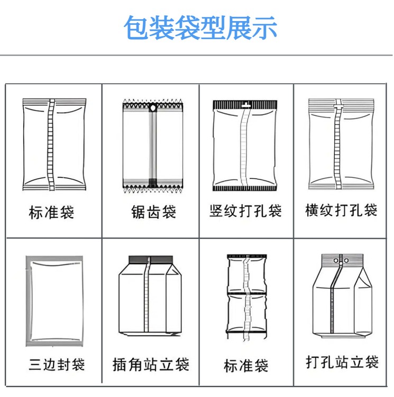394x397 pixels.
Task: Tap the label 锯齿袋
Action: point(153,213)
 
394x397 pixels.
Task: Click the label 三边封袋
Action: point(57,365)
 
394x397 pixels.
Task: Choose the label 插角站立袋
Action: point(151,365)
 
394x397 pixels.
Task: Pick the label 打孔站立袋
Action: point(342,363)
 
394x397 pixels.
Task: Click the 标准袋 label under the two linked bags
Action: point(246,365)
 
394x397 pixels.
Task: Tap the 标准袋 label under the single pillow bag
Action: point(51,213)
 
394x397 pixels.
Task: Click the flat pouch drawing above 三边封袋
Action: point(54,300)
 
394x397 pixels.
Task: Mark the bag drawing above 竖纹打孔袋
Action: point(244,146)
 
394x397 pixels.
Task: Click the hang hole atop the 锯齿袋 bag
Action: point(153,110)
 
